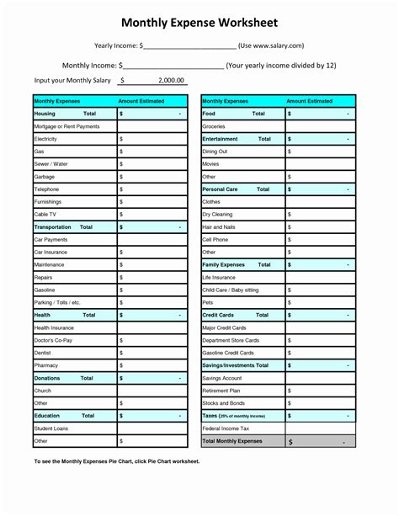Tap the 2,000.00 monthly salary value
[171, 80]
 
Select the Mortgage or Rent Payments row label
[66, 125]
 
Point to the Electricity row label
[45, 138]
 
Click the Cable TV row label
[45, 214]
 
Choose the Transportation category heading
[52, 227]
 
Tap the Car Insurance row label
[51, 252]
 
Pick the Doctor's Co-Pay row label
[54, 340]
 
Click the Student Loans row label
[51, 428]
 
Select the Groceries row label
[214, 125]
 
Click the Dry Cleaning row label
[217, 214]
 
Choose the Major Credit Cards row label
[224, 327]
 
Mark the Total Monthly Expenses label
[232, 441]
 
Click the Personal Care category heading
[221, 189]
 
